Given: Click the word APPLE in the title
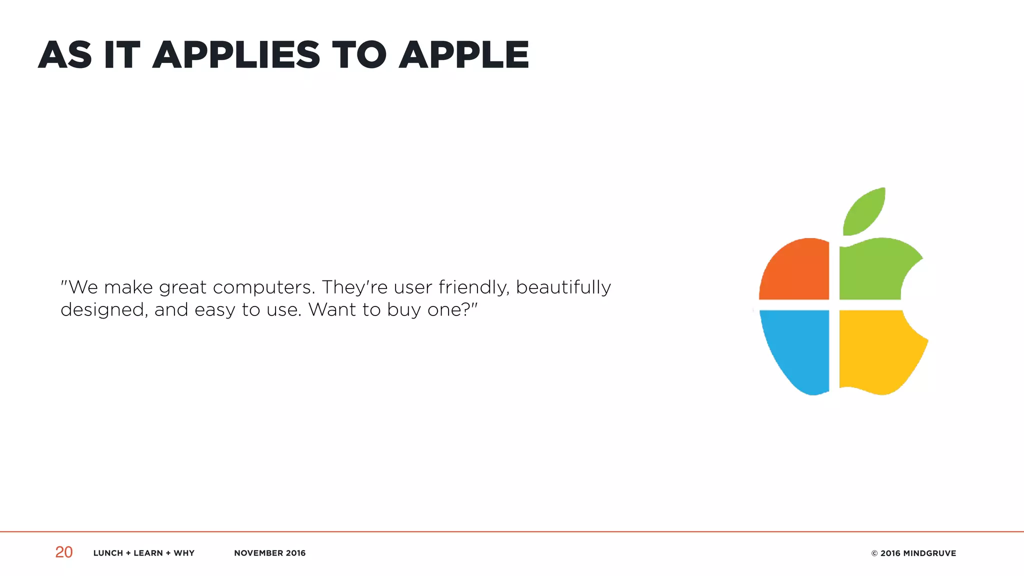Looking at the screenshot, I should point(463,55).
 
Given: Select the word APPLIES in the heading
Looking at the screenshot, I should point(236,55).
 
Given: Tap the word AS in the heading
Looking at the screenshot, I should point(65,55).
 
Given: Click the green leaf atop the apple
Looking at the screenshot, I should point(864,212).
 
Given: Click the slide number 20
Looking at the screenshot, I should point(64,552).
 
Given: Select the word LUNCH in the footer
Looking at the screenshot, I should point(108,553).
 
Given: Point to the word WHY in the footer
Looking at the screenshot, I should point(184,553).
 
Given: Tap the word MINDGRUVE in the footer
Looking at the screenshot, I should point(929,553).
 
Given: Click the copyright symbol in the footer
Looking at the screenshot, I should point(874,553).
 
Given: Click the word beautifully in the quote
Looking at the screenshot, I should point(563,287).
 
